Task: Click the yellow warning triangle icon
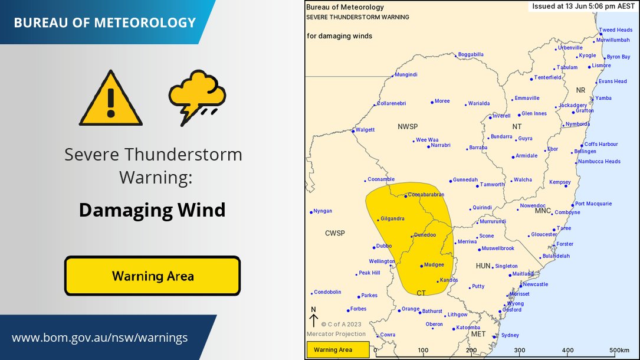tap(111, 99)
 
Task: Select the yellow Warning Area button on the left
tap(152, 276)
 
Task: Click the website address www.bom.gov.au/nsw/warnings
tap(100, 338)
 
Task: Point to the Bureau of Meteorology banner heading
tap(104, 23)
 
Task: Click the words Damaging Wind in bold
tap(152, 210)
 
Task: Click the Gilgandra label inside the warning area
tap(392, 219)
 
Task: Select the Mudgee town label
tap(434, 265)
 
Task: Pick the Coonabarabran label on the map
tap(426, 194)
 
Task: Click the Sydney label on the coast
tap(510, 335)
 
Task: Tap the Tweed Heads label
tap(615, 30)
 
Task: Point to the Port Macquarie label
tap(593, 204)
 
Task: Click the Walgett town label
tap(365, 130)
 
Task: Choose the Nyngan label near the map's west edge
tap(323, 211)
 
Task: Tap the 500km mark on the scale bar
tap(621, 351)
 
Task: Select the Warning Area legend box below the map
tap(337, 350)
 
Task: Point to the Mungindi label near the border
tap(406, 75)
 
